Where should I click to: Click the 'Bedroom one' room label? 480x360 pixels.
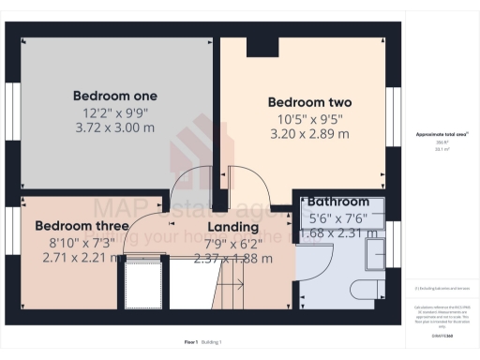click(115, 96)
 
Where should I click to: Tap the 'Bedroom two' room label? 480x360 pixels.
click(309, 102)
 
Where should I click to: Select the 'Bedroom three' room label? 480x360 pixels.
click(82, 226)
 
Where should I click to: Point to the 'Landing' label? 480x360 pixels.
click(232, 228)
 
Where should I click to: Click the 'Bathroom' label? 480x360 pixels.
click(339, 202)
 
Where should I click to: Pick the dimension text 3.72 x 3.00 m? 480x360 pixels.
click(115, 127)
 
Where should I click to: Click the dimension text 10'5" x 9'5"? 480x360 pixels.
click(309, 118)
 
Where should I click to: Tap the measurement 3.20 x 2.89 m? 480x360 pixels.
click(309, 134)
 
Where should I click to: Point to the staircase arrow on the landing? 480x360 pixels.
click(232, 283)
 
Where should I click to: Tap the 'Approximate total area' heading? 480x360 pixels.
click(442, 134)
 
